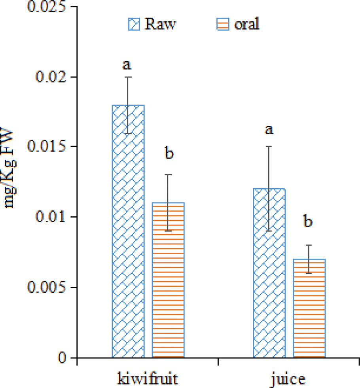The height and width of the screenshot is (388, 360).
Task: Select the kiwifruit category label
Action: [x=147, y=379]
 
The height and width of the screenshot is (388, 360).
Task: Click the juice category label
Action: [x=288, y=379]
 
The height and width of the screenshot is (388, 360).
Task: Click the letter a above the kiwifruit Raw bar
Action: [x=127, y=64]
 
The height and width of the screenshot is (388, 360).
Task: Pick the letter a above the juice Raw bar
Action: [x=269, y=129]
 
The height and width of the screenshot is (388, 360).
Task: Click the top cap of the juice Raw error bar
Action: [x=269, y=146]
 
